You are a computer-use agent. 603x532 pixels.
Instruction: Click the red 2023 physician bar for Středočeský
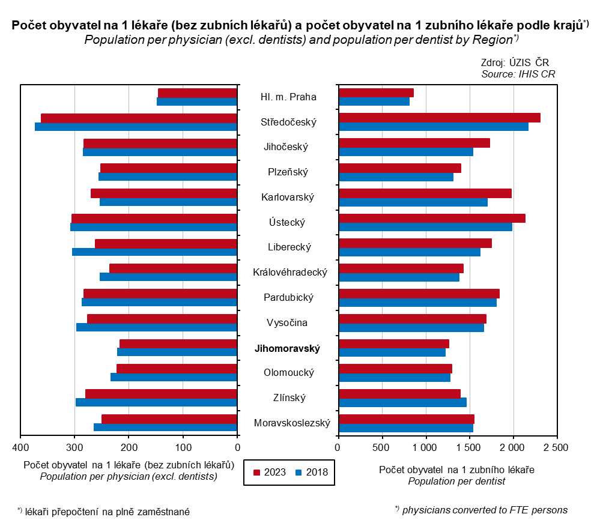coord(139,118)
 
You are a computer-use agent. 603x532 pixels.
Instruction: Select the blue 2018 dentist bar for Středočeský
coord(434,127)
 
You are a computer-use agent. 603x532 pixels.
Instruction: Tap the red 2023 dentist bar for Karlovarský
coord(425,193)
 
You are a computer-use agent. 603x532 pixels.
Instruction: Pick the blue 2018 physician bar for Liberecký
coord(154,252)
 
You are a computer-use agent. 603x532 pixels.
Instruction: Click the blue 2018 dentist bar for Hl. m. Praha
coord(374,101)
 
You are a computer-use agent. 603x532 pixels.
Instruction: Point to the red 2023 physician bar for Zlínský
coord(161,394)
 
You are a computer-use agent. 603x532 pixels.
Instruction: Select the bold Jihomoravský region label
coord(288,348)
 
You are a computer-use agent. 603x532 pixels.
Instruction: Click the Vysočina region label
coord(287,323)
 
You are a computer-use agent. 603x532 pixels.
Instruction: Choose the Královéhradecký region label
coord(290,273)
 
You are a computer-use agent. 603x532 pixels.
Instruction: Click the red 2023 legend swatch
coord(256,472)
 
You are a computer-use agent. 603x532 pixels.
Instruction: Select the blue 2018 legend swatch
coord(298,472)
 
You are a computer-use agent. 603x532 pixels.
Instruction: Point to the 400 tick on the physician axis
coord(20,447)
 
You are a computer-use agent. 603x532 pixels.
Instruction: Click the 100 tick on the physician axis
coord(183,447)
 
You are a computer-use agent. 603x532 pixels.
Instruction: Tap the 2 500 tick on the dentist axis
coord(556,447)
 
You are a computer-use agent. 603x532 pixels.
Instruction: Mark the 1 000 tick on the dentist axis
coord(425,447)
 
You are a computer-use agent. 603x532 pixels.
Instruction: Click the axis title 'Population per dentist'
coord(456,481)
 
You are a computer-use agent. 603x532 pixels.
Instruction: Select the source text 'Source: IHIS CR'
coord(518,74)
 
